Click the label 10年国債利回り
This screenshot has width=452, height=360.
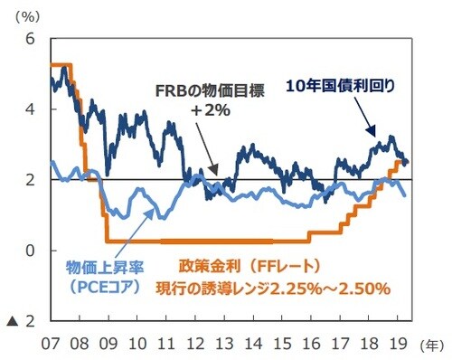pyautogui.click(x=341, y=86)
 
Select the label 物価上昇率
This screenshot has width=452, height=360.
pyautogui.click(x=100, y=269)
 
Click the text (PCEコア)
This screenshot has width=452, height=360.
pyautogui.click(x=100, y=289)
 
